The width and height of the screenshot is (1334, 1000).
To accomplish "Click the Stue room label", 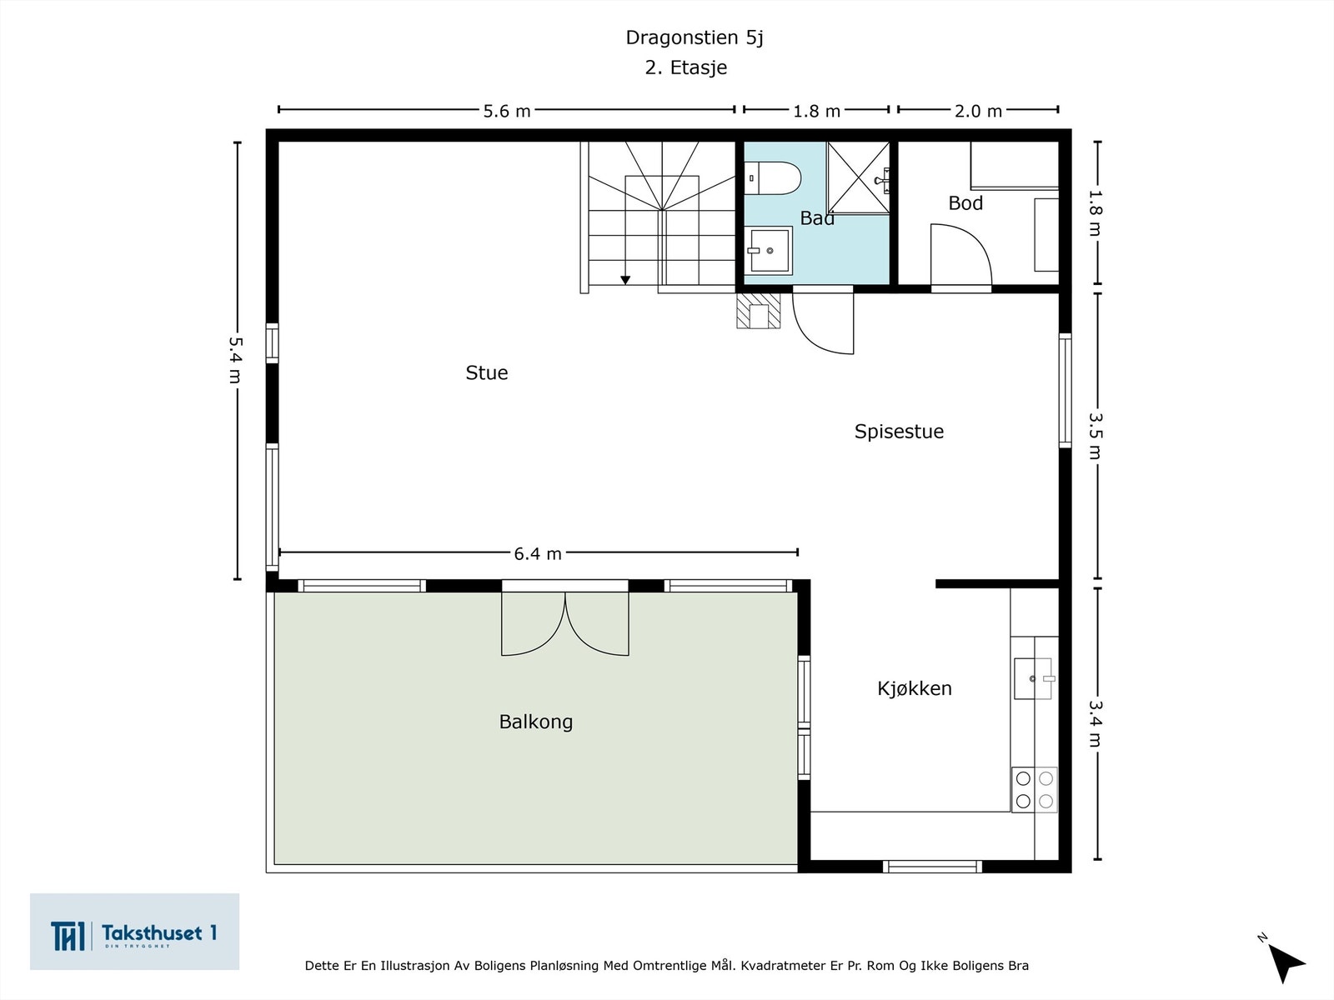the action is click(x=486, y=372).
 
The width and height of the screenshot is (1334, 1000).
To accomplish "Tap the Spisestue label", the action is click(x=899, y=432).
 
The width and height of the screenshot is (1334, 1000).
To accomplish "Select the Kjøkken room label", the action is click(x=914, y=688).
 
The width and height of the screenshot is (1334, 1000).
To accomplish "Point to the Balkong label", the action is click(x=535, y=722).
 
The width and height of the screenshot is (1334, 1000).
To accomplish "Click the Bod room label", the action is click(x=965, y=202).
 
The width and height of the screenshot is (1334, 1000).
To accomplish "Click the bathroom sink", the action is click(x=768, y=250).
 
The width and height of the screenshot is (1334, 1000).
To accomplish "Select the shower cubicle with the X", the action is click(x=858, y=177).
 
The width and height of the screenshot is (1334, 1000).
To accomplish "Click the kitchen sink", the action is click(x=1033, y=678).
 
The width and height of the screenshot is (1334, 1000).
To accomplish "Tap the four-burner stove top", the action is click(x=1035, y=789).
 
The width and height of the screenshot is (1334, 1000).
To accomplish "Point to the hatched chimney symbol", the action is click(x=759, y=311).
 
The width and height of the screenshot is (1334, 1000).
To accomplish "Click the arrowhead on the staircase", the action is click(x=625, y=280).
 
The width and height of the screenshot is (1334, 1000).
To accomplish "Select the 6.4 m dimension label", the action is click(x=537, y=553).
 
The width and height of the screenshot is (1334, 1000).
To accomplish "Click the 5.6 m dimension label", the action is click(x=507, y=111).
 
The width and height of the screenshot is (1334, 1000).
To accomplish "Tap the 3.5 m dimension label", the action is click(x=1095, y=436).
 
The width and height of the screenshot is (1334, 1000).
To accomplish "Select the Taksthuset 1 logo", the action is click(x=134, y=932).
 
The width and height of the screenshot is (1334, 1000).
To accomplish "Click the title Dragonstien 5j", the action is click(x=694, y=37).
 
